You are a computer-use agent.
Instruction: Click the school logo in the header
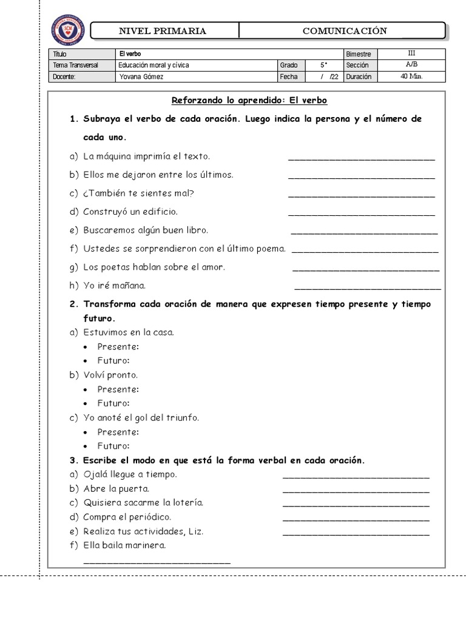[68, 30]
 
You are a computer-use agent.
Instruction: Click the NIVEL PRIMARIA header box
[163, 31]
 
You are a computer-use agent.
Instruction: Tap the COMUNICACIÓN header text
[344, 31]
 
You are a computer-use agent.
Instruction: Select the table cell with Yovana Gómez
[141, 77]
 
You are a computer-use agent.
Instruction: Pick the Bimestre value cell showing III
[412, 53]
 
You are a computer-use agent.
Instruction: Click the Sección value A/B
[412, 65]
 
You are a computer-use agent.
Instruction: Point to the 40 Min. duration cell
[412, 77]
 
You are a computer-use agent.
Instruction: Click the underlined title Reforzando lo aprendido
[249, 100]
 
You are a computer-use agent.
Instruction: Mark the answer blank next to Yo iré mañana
[367, 287]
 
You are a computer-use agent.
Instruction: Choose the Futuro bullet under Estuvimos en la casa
[113, 361]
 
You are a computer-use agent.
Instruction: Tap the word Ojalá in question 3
[96, 474]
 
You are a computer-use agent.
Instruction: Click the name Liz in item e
[195, 532]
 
